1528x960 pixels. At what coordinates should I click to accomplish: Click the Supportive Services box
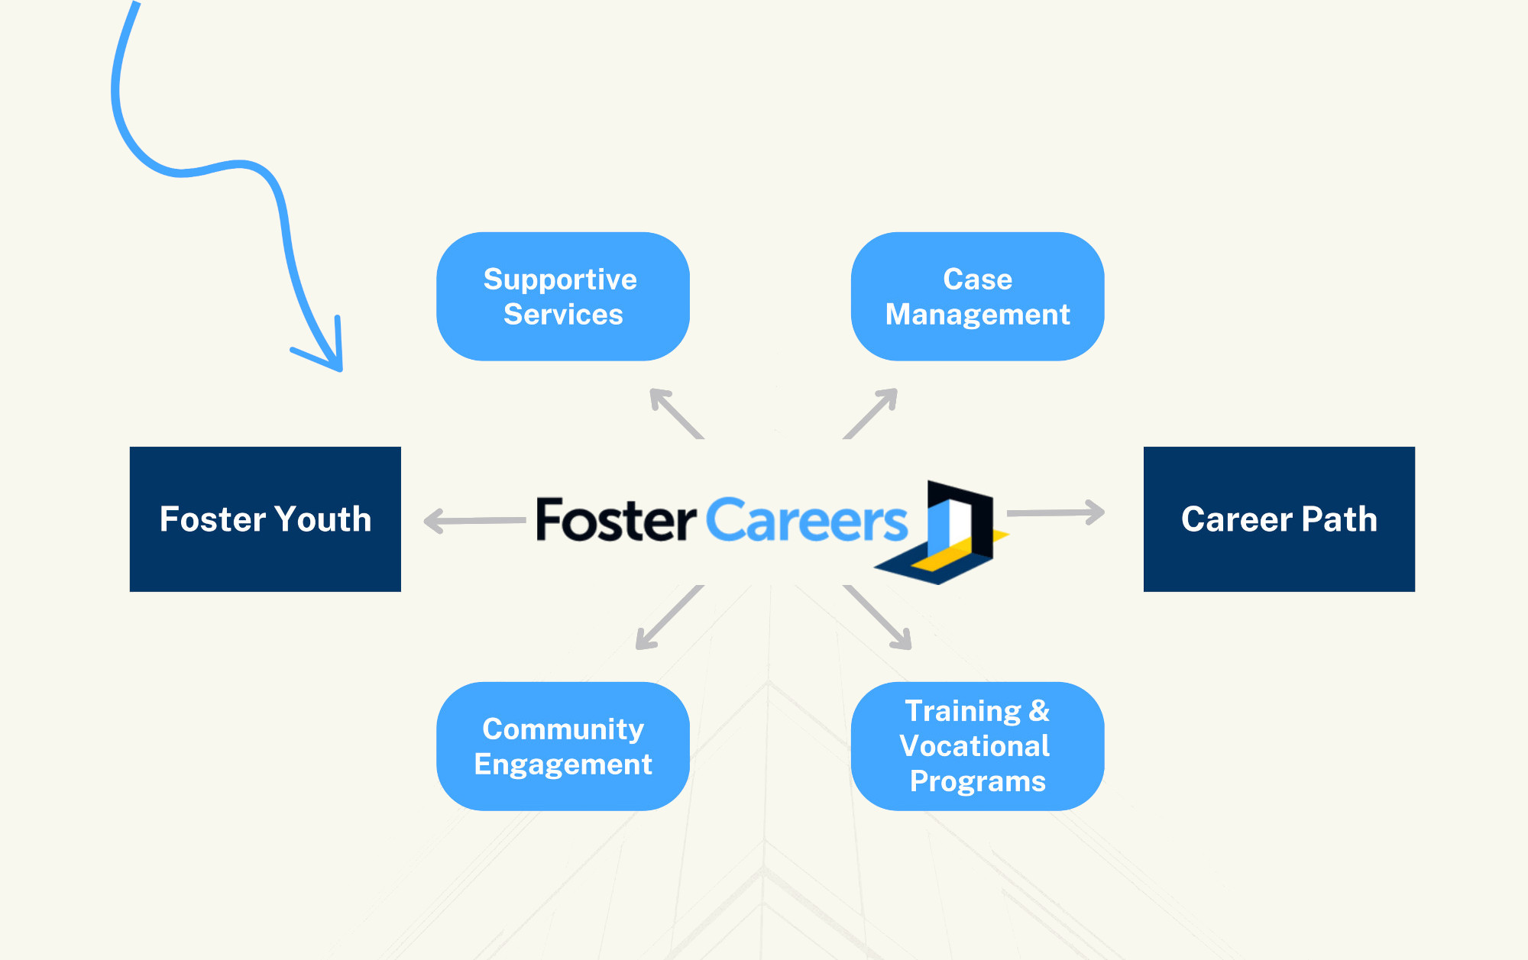click(563, 296)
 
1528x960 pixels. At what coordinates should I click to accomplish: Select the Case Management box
click(977, 296)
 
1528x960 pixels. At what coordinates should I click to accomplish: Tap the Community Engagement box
click(563, 746)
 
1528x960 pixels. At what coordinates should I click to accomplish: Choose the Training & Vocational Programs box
click(977, 746)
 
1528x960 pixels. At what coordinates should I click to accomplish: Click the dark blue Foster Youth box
click(265, 519)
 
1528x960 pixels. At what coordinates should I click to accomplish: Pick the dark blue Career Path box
click(1279, 519)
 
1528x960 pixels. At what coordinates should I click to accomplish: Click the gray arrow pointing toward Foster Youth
click(474, 521)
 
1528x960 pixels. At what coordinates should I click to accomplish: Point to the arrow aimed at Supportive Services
click(676, 413)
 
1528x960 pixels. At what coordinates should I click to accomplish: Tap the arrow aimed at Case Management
click(870, 413)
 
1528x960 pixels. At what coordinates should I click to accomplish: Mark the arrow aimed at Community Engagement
click(670, 617)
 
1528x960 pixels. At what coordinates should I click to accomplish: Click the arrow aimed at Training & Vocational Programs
click(877, 617)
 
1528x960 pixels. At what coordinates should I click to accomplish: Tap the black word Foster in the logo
click(616, 519)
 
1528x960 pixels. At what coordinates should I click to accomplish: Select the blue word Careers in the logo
click(806, 519)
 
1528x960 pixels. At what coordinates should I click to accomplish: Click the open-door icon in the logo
click(942, 532)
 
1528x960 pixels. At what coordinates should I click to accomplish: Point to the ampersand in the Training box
click(1039, 711)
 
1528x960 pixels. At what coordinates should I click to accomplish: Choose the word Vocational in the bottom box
click(975, 746)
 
